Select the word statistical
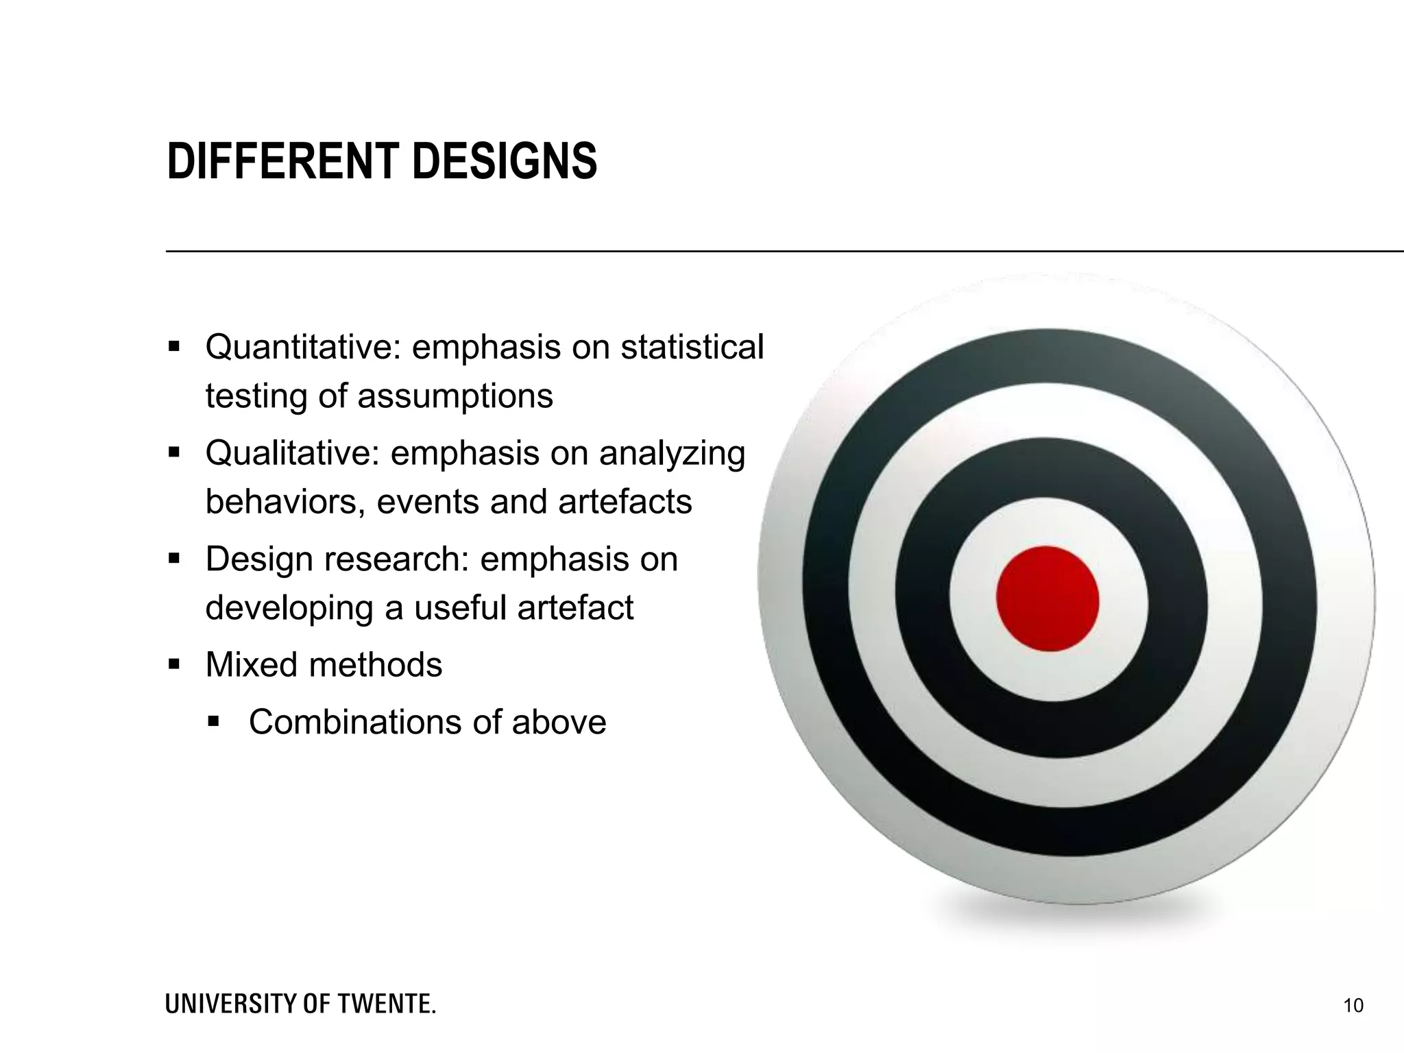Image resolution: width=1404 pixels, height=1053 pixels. click(x=692, y=347)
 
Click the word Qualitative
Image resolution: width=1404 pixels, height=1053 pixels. click(x=292, y=453)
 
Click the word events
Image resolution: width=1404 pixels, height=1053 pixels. click(x=428, y=502)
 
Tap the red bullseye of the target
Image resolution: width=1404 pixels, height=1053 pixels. click(x=1048, y=598)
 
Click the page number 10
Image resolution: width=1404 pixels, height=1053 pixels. click(x=1353, y=1006)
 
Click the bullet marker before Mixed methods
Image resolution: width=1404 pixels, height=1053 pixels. click(x=174, y=664)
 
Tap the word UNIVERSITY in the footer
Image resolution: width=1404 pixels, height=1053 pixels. click(x=231, y=1004)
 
